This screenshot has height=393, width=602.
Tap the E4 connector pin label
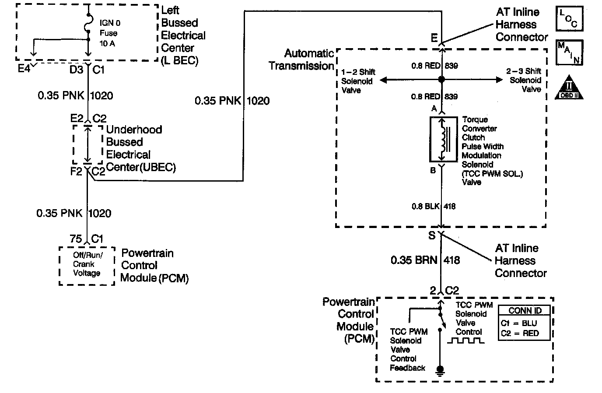pos(24,69)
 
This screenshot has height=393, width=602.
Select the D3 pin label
pos(76,69)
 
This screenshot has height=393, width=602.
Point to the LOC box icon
pos(569,18)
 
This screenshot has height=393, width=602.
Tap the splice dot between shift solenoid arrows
pos(441,80)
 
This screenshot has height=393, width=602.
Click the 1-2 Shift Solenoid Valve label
pos(358,81)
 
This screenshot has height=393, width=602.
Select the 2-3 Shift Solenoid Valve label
pos(525,80)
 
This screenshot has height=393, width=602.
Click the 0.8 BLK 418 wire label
pos(433,206)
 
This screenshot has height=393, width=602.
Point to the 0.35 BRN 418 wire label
pos(425,260)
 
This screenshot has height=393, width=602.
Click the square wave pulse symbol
pos(465,340)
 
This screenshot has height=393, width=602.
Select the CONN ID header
pos(525,311)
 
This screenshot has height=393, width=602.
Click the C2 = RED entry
pos(520,333)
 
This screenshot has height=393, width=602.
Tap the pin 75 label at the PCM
pos(76,239)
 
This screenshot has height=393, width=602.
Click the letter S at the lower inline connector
pos(432,235)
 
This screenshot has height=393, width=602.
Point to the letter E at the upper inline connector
pos(434,38)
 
